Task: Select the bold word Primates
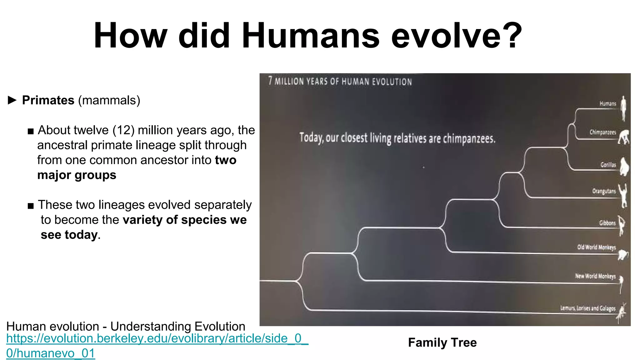(x=48, y=100)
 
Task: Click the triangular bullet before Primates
(x=12, y=100)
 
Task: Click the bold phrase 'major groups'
(x=77, y=175)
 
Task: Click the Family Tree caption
(x=442, y=342)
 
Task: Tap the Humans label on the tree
(x=607, y=103)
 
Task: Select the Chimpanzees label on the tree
(x=602, y=132)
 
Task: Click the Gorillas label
(x=608, y=165)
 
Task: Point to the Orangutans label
(x=604, y=191)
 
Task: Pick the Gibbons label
(x=607, y=223)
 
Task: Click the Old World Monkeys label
(x=596, y=247)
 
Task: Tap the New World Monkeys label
(x=595, y=276)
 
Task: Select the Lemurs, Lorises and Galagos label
(x=587, y=308)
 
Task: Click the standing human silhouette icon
(x=623, y=108)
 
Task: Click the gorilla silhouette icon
(x=624, y=167)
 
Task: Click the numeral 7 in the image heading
(x=270, y=81)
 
